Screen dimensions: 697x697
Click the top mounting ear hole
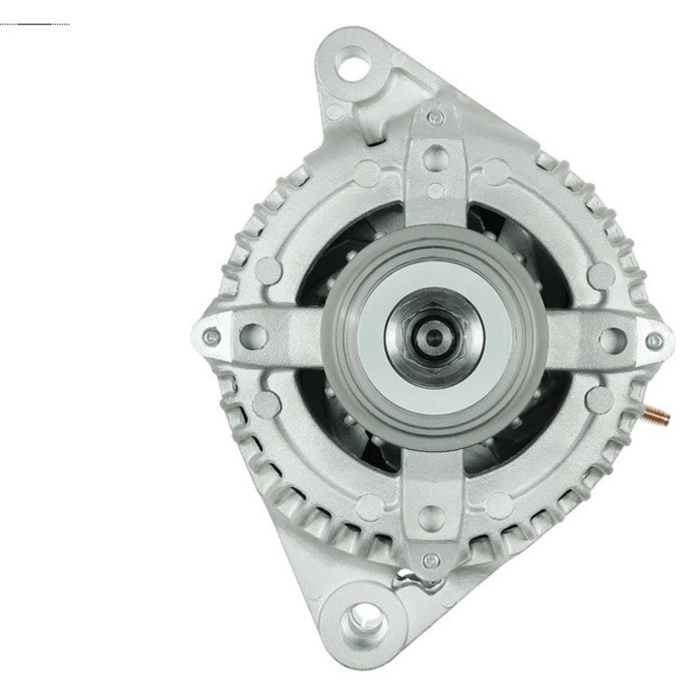(355, 67)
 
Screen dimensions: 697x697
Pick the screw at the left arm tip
(212, 337)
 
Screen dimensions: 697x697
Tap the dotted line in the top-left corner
(35, 23)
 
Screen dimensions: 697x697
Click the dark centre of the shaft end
(434, 337)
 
